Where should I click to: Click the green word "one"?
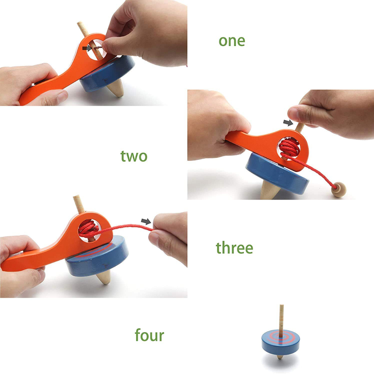(232, 41)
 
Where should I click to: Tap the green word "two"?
(134, 156)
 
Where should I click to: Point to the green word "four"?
(150, 335)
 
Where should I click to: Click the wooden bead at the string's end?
(339, 189)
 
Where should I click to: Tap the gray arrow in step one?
(87, 48)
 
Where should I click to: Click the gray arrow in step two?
(288, 123)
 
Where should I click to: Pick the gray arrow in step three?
(146, 221)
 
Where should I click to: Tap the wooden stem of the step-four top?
(282, 317)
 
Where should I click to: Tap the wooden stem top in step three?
(79, 204)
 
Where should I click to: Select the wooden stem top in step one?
(82, 29)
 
